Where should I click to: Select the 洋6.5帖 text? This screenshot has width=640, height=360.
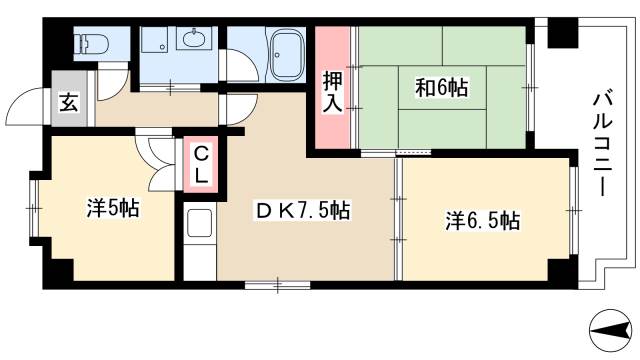click(482, 221)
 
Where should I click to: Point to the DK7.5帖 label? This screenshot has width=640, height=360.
click(301, 211)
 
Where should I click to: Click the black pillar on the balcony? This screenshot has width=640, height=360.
click(561, 34)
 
